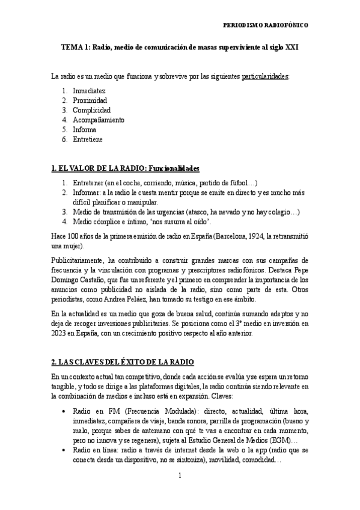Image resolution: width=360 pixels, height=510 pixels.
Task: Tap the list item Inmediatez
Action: [90, 90]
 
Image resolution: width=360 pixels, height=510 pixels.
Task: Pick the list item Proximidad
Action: [90, 100]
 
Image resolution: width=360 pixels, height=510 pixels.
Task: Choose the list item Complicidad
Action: [91, 110]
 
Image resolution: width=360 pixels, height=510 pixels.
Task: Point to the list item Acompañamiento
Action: [99, 120]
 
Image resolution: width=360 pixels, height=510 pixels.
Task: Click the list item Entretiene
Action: [88, 139]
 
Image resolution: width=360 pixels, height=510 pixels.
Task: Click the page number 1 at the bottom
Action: [180, 476]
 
